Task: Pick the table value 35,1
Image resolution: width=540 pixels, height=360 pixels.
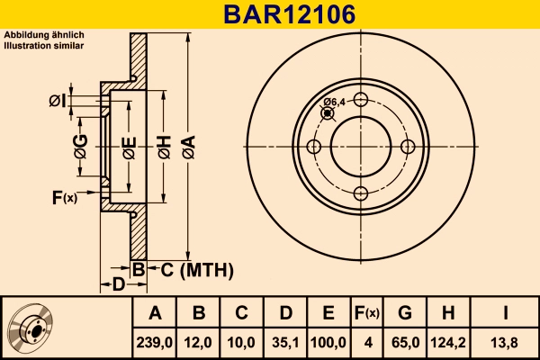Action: [285, 343]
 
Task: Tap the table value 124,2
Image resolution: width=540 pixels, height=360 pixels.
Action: [449, 343]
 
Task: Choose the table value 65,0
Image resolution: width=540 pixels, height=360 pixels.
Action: [405, 343]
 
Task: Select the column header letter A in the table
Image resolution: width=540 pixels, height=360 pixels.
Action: [155, 313]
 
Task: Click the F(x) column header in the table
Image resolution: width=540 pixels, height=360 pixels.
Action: [367, 313]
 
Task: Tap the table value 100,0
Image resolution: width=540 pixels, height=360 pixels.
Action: [328, 343]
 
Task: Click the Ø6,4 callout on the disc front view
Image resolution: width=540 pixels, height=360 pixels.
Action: [334, 102]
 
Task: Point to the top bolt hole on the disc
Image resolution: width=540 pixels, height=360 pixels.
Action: [361, 101]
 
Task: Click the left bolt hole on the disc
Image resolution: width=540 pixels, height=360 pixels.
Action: [314, 147]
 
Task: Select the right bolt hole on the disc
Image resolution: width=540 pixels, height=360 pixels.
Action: [408, 147]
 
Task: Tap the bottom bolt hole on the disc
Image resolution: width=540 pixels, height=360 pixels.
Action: [361, 193]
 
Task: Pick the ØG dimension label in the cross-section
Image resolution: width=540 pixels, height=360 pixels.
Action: [80, 146]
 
